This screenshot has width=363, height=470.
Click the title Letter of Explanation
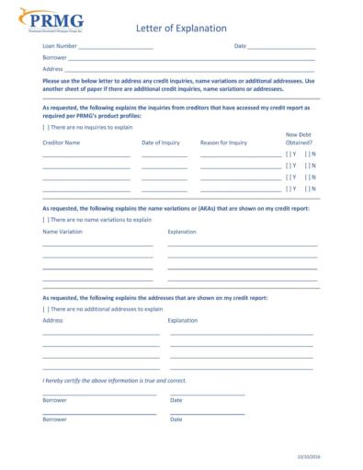click(181, 29)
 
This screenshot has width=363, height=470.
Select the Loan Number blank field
click(115, 47)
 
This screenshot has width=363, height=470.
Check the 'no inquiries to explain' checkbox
click(46, 128)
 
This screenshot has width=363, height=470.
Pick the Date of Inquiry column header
click(161, 143)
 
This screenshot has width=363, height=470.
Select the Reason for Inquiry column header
click(223, 143)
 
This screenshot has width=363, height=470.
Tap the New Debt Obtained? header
click(299, 139)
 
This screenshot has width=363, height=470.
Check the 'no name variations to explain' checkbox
click(46, 220)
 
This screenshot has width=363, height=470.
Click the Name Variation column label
click(62, 232)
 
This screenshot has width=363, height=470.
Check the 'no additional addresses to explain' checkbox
click(46, 309)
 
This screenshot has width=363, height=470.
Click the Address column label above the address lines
click(52, 320)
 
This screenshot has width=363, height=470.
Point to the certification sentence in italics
click(114, 380)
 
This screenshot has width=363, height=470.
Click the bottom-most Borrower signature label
click(54, 418)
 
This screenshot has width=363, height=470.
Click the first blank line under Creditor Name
click(85, 155)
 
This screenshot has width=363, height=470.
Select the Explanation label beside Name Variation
click(182, 232)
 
